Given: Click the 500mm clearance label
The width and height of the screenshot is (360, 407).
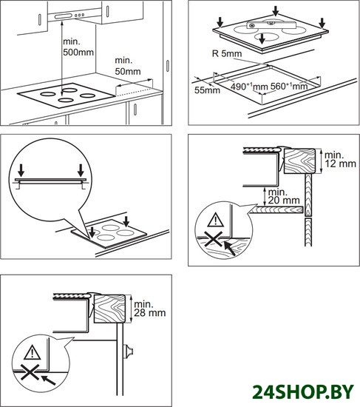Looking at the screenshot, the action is coord(78,47).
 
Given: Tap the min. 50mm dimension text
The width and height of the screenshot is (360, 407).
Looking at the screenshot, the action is coord(128,66).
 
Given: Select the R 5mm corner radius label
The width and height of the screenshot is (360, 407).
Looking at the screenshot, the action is coord(227,53).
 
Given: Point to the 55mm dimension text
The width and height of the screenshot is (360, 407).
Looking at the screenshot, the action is coord(207,90).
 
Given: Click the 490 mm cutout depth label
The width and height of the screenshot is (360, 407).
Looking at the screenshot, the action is coord(249,86).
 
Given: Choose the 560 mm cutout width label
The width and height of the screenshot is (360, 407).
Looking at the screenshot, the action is coord(289,86).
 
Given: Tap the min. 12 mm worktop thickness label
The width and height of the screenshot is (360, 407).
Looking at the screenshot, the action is coord(340,159).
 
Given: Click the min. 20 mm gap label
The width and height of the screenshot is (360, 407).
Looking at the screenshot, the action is coord(284,196).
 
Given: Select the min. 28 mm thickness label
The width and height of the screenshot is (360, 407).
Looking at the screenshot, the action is coord(149,309).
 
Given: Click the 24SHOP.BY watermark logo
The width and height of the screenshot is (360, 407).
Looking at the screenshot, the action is coord(303,391).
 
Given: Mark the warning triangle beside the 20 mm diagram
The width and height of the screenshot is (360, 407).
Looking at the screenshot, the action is coord(216,220).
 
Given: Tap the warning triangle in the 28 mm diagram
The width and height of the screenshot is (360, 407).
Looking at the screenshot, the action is coord(33,352).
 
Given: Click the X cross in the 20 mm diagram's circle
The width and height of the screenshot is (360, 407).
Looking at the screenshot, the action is coord(214,239).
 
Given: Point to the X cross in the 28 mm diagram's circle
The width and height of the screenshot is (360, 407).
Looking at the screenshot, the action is coord(30,372).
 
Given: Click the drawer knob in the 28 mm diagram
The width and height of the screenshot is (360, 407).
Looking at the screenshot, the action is coord(128,351).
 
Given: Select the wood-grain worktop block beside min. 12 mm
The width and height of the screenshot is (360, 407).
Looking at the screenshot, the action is coord(300,161).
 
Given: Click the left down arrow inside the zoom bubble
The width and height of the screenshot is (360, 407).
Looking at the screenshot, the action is coord(21,170).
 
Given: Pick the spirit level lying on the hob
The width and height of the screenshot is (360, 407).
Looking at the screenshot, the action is coord(271,25).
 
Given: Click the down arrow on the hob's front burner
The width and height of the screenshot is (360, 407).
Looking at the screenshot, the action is coord(262,38).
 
